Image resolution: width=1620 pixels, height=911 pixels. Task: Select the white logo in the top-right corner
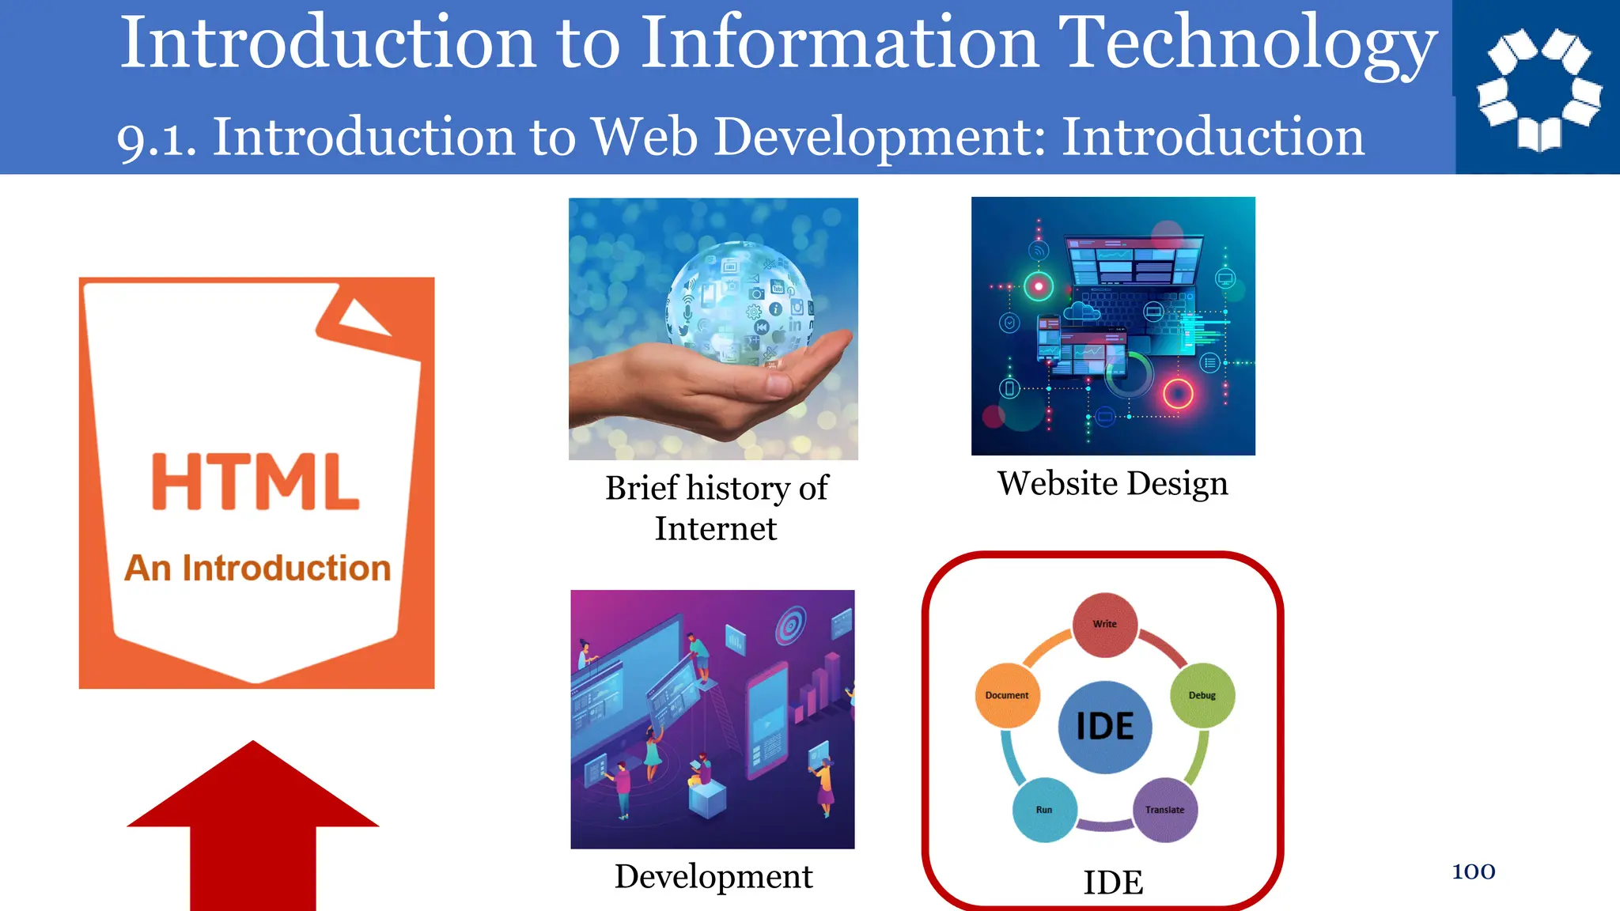point(1539,89)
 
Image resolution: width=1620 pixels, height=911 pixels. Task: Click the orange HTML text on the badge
point(255,482)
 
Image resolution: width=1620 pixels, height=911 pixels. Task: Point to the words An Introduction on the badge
point(258,568)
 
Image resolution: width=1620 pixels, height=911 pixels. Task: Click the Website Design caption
point(1112,483)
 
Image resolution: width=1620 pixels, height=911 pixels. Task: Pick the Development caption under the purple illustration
point(713,876)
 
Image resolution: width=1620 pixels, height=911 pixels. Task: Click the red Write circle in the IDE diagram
point(1105,625)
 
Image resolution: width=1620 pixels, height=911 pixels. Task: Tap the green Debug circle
point(1202,695)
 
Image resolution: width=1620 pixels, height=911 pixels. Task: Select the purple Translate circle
point(1165,810)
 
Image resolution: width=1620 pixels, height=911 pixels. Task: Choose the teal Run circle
point(1044,810)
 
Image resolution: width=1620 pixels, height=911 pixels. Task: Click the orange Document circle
point(1007,695)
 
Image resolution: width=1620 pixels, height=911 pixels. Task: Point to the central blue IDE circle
point(1105,727)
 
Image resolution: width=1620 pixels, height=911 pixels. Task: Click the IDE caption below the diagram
point(1113,882)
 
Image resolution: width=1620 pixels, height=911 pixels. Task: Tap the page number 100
point(1474,871)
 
